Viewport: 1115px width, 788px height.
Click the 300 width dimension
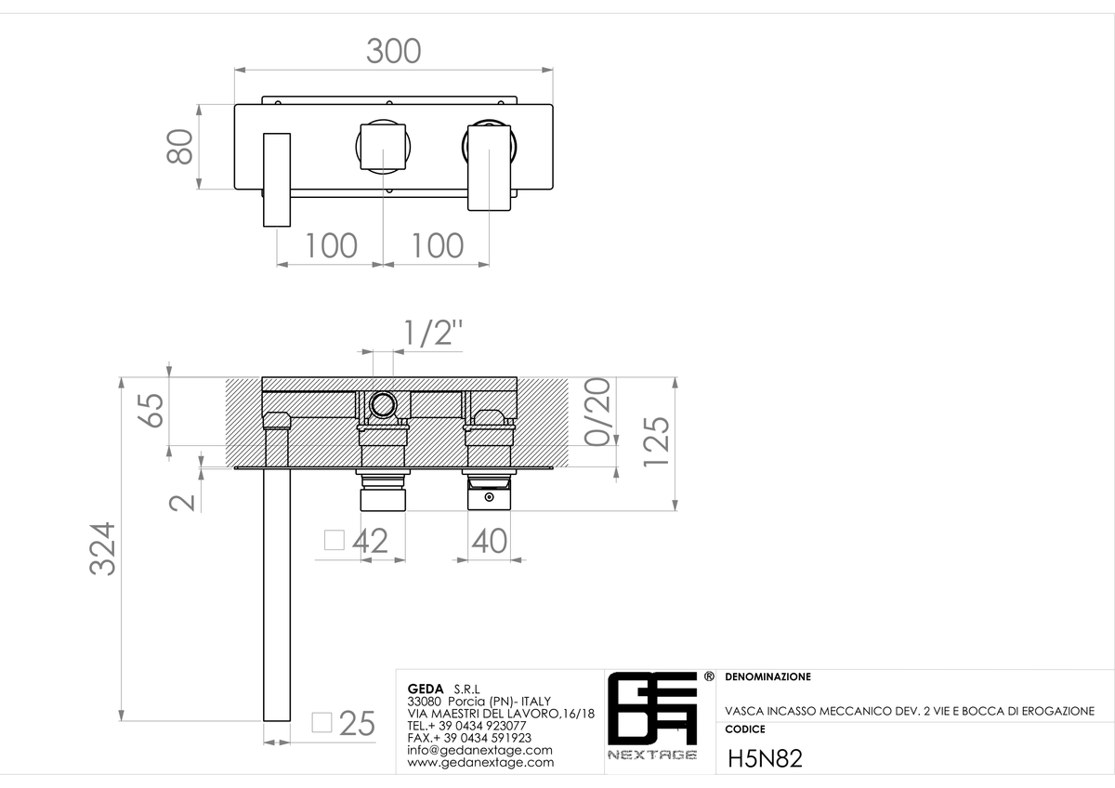tap(394, 51)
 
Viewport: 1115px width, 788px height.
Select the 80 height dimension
tap(179, 146)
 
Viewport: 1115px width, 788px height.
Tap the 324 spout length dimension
tap(102, 548)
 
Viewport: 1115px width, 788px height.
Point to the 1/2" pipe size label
tap(433, 333)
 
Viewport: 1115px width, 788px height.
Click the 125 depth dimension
tap(657, 441)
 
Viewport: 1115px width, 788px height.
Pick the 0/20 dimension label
tap(597, 412)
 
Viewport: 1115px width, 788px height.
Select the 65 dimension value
tap(151, 410)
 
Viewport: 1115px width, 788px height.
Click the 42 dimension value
tap(370, 541)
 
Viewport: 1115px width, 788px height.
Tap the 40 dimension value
tap(490, 541)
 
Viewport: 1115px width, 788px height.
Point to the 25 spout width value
tap(357, 723)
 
